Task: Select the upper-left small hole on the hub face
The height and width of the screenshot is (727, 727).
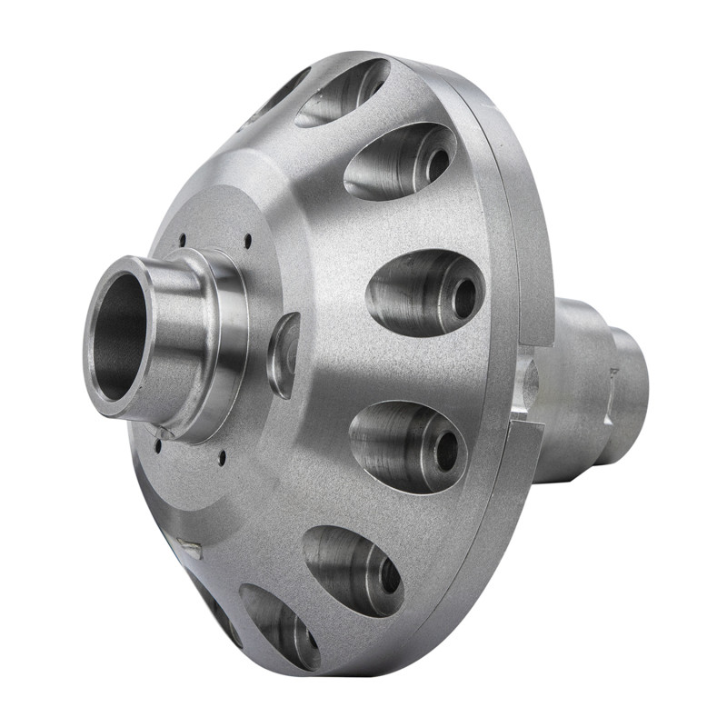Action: point(182,239)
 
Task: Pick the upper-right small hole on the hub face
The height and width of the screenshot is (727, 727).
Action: point(248,241)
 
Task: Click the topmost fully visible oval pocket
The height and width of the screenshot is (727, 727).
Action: point(343,91)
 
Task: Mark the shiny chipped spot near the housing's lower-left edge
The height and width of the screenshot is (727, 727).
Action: point(191,547)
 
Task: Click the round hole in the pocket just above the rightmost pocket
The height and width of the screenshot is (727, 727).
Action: point(438,164)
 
